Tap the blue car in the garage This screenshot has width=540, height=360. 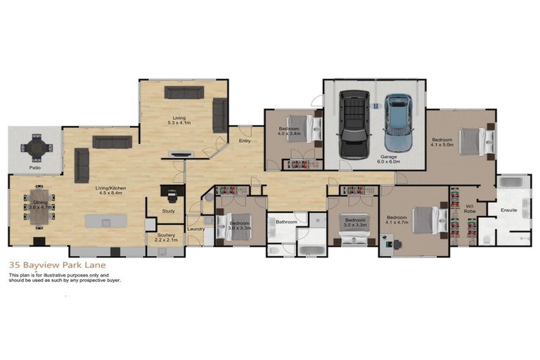(397, 123)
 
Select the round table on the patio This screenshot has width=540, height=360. (35, 148)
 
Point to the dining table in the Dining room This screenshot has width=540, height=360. (39, 205)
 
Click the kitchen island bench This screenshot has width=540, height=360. (106, 221)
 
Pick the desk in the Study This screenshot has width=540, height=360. (169, 191)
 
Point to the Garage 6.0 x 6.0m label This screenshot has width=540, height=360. (390, 159)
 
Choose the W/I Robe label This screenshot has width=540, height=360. (470, 209)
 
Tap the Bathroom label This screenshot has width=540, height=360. (286, 221)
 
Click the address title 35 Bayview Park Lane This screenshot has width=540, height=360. (53, 266)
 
